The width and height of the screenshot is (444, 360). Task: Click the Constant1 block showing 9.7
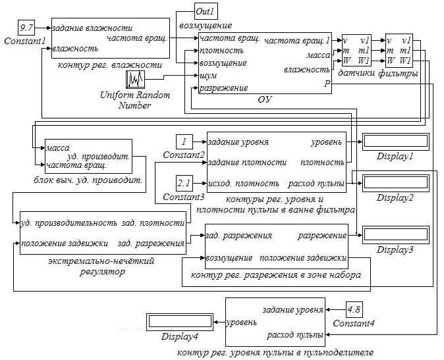coord(28,28)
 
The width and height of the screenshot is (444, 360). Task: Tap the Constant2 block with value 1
coord(184,141)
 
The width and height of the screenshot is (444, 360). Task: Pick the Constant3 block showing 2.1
coord(184,182)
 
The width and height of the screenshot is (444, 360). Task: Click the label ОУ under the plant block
coord(265,99)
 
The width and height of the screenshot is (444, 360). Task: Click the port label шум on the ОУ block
coord(209,76)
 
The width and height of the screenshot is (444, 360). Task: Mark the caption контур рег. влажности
coord(110,64)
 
